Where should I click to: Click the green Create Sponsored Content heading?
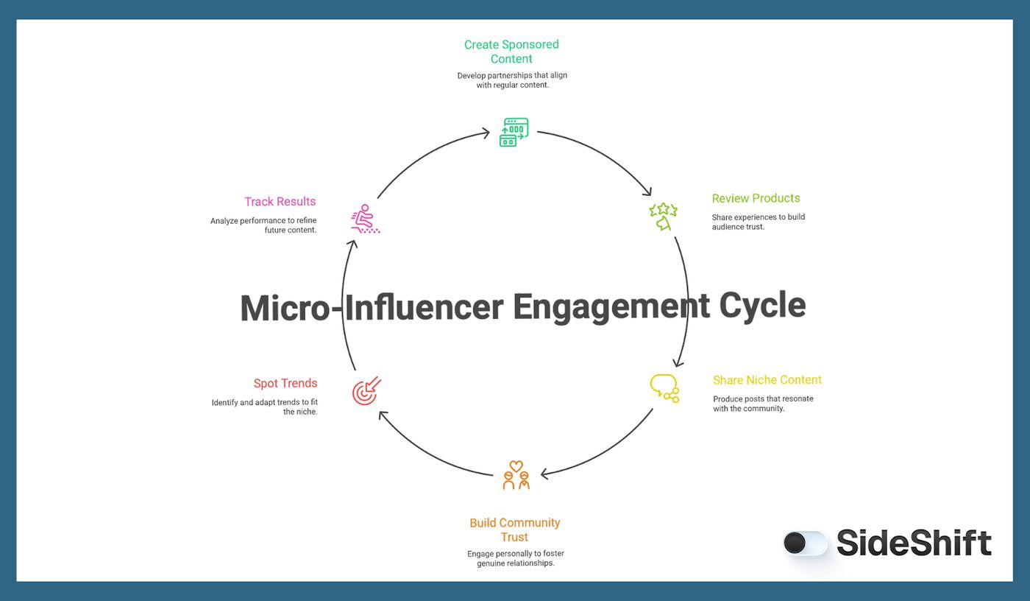511,52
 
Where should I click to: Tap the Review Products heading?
756,198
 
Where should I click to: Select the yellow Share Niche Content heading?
767,380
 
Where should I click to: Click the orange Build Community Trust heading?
515,530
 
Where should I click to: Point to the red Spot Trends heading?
285,383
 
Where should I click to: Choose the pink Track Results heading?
280,201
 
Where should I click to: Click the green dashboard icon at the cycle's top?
514,133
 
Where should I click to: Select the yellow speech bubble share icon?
664,388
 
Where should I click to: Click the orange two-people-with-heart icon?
516,475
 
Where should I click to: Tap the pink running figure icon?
365,219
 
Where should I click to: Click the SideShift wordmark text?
914,544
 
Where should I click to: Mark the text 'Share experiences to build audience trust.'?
758,222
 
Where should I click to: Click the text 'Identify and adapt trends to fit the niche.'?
264,407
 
